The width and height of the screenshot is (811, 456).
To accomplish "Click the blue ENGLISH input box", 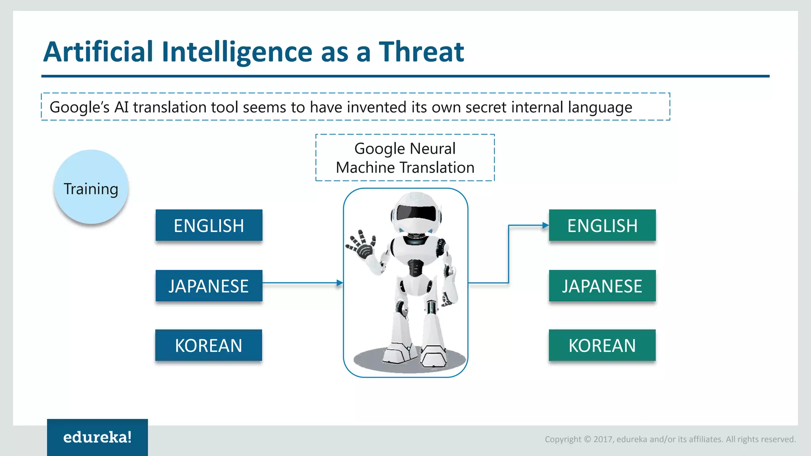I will [209, 225].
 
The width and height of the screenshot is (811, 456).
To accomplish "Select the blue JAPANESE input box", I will [209, 286].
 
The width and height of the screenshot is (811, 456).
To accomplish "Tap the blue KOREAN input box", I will [208, 345].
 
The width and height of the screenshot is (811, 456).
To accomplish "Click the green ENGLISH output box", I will [602, 225].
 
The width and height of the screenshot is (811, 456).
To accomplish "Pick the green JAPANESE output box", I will [602, 286].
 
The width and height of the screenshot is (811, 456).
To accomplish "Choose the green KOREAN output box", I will [602, 345].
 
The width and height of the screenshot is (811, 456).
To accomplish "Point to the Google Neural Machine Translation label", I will [405, 158].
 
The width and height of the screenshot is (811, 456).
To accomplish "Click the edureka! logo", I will [97, 437].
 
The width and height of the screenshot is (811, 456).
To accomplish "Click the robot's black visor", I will [416, 213].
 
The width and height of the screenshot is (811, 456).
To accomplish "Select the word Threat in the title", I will [421, 52].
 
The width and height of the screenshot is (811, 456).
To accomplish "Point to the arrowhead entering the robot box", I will [340, 283].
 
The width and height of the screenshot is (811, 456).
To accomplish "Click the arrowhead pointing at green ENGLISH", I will [546, 225].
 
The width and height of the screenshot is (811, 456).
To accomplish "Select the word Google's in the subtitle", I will [79, 107].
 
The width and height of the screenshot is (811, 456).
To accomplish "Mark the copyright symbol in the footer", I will [587, 439].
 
